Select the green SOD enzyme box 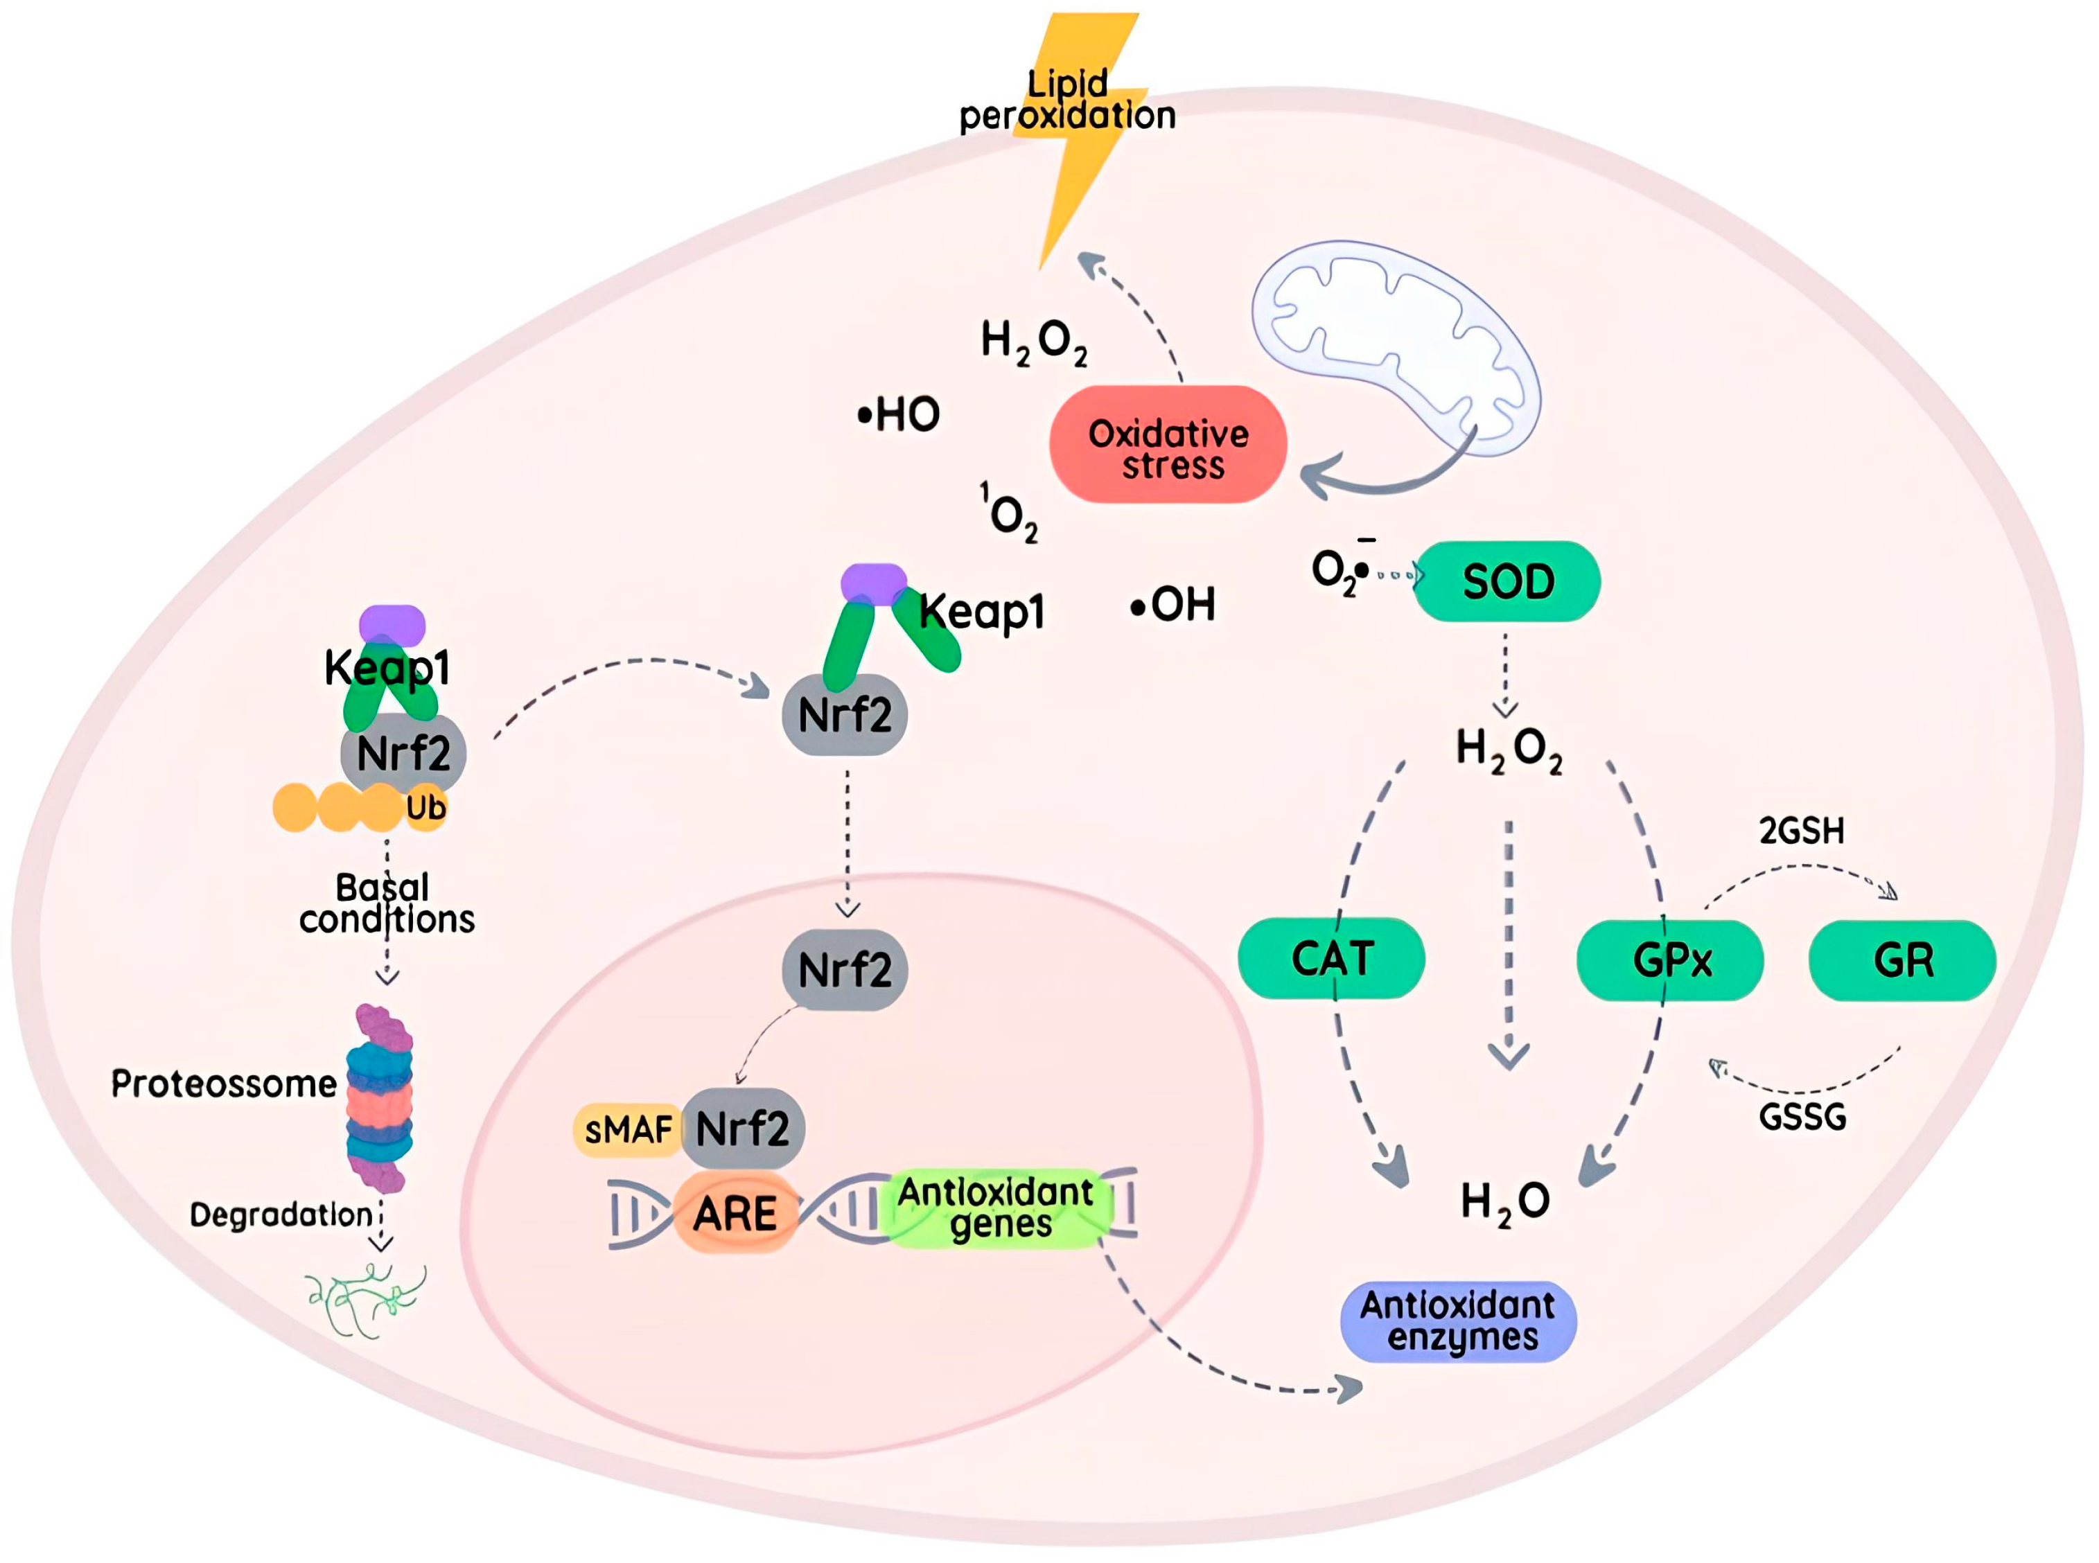(1507, 581)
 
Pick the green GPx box (1670, 960)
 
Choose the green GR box (1902, 960)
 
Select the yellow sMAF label (626, 1129)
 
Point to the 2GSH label (1801, 831)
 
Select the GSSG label (1802, 1118)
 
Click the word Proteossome (223, 1084)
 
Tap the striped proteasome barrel (380, 1097)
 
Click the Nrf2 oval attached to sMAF (744, 1128)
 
